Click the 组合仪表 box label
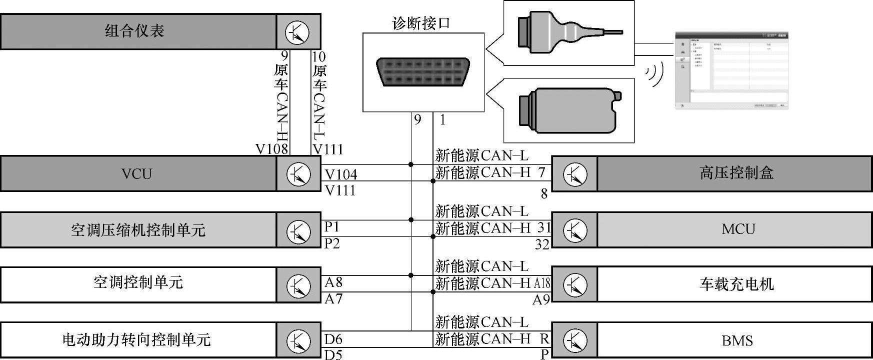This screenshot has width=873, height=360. pyautogui.click(x=134, y=31)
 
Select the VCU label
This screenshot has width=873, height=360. pyautogui.click(x=136, y=173)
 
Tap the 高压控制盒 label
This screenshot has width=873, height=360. pyautogui.click(x=736, y=173)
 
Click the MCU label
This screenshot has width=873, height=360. pyautogui.click(x=737, y=229)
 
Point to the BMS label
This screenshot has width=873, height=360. pyautogui.click(x=737, y=340)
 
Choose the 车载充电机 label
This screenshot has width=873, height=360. pyautogui.click(x=736, y=284)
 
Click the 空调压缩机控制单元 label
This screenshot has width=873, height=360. pyautogui.click(x=138, y=230)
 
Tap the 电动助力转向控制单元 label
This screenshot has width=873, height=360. pyautogui.click(x=136, y=340)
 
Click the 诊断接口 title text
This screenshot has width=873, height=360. pyautogui.click(x=421, y=23)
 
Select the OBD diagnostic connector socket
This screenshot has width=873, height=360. pyautogui.click(x=423, y=72)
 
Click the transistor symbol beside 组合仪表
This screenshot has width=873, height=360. pyautogui.click(x=297, y=32)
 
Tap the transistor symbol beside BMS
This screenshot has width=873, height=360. pyautogui.click(x=575, y=340)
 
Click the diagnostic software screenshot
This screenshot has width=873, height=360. pyautogui.click(x=731, y=70)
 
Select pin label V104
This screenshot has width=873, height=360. pyautogui.click(x=341, y=174)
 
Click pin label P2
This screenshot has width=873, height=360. pyautogui.click(x=332, y=243)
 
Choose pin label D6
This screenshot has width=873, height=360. pyautogui.click(x=333, y=339)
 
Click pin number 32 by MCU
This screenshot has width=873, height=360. pyautogui.click(x=542, y=244)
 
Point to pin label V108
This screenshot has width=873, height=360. pyautogui.click(x=271, y=149)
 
